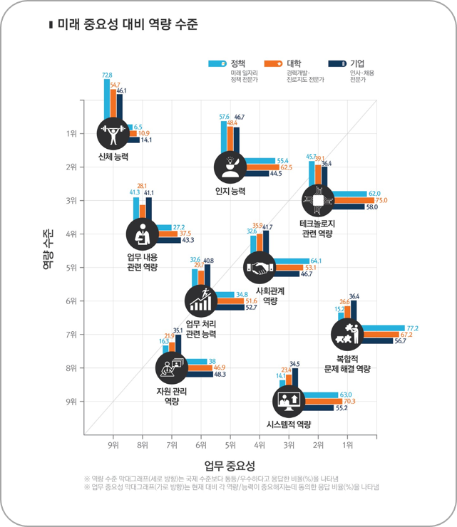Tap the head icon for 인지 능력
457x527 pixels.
click(230, 167)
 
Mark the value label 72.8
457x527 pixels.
click(107, 75)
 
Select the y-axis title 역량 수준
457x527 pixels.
click(48, 249)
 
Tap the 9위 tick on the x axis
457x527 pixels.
click(113, 445)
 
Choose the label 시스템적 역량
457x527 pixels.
click(289, 424)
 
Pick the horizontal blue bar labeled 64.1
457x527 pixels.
click(293, 261)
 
